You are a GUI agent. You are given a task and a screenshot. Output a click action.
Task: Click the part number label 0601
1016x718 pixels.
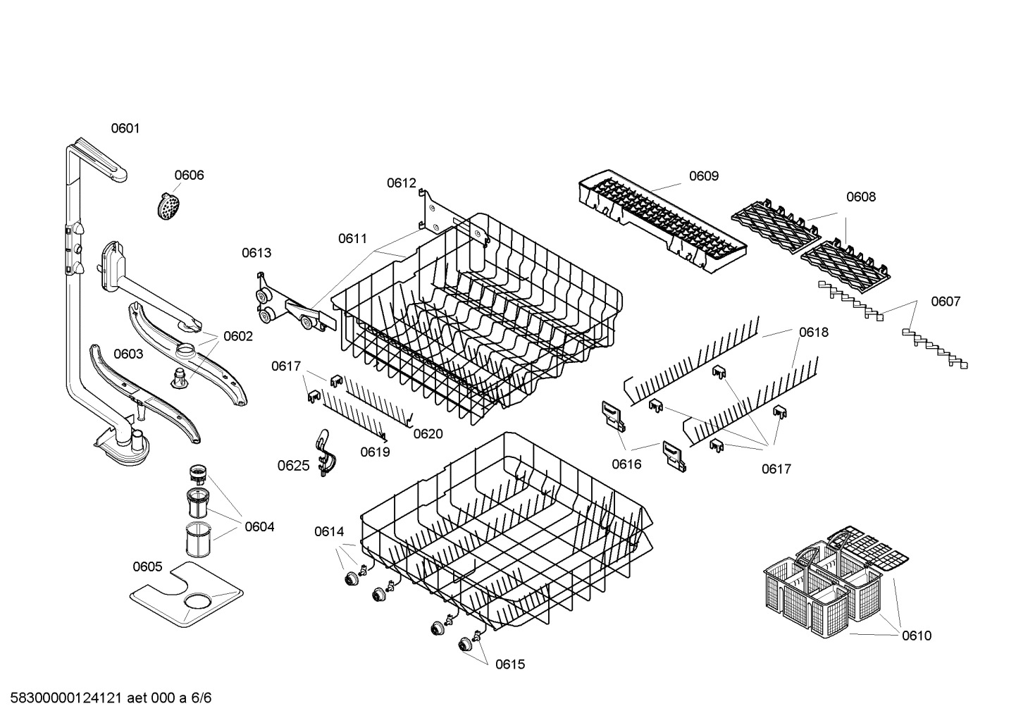pos(125,128)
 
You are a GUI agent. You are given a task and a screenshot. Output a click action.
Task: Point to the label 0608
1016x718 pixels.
pos(860,197)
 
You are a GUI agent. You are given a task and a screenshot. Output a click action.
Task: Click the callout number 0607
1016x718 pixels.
pos(945,302)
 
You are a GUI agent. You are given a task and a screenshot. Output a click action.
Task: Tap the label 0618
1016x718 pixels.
pos(813,332)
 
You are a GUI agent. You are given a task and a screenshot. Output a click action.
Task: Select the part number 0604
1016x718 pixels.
pos(259,526)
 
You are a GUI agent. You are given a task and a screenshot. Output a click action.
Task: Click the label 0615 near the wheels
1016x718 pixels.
pos(509,664)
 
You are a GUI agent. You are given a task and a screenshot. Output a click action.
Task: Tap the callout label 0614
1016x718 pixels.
pos(329,532)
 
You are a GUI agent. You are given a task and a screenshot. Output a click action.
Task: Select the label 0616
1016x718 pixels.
pos(626,464)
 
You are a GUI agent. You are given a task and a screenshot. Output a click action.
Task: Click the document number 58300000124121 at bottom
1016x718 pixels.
pos(63,698)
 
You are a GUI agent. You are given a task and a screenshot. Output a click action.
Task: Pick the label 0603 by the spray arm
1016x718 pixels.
pos(128,354)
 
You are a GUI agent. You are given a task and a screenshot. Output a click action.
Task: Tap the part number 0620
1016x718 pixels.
pos(428,433)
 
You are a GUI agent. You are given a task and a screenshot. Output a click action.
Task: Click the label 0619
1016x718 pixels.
pos(375,452)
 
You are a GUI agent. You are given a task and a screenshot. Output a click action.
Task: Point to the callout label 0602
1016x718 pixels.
pos(237,336)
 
